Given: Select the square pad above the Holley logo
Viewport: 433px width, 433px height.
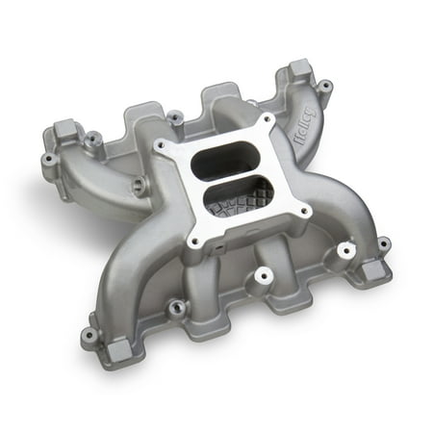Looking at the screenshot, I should [299, 70].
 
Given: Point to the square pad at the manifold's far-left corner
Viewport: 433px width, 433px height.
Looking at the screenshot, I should [66, 131].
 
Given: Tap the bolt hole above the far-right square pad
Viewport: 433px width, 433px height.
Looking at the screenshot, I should [382, 243].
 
